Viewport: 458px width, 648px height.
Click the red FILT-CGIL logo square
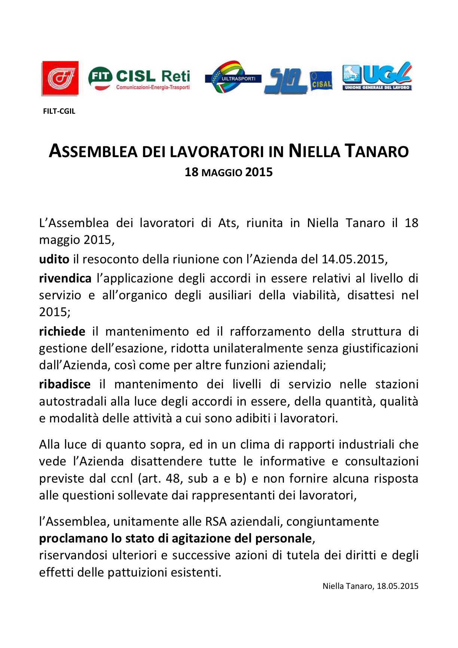pyautogui.click(x=60, y=78)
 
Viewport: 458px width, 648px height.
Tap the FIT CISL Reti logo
pyautogui.click(x=139, y=79)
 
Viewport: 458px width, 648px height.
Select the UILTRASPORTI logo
pyautogui.click(x=233, y=77)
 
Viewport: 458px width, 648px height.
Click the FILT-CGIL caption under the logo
pyautogui.click(x=59, y=111)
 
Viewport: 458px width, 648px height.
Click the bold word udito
pyautogui.click(x=54, y=259)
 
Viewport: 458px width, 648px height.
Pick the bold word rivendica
pyautogui.click(x=65, y=278)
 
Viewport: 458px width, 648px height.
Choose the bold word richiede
pyautogui.click(x=62, y=331)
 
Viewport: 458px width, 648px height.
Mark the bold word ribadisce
pyautogui.click(x=65, y=384)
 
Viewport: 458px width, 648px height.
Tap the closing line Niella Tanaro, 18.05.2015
pyautogui.click(x=370, y=586)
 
